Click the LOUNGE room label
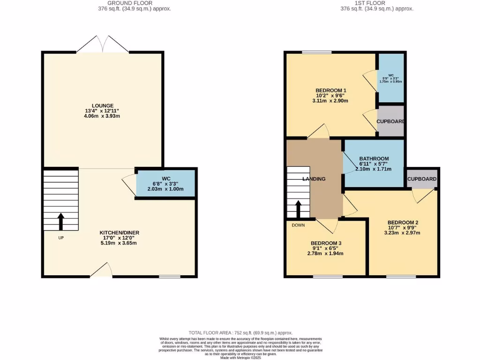pyautogui.click(x=103, y=105)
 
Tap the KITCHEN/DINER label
pyautogui.click(x=119, y=232)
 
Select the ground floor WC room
pyautogui.click(x=165, y=183)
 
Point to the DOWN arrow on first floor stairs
pyautogui.click(x=298, y=209)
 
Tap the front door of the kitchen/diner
pyautogui.click(x=101, y=270)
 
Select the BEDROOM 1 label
pyautogui.click(x=331, y=90)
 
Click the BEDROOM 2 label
pyautogui.click(x=403, y=222)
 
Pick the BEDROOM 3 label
pyautogui.click(x=326, y=243)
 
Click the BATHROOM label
pyautogui.click(x=374, y=158)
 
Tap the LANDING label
pyautogui.click(x=314, y=179)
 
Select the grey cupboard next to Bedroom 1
pyautogui.click(x=390, y=121)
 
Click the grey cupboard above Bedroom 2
pyautogui.click(x=422, y=179)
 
